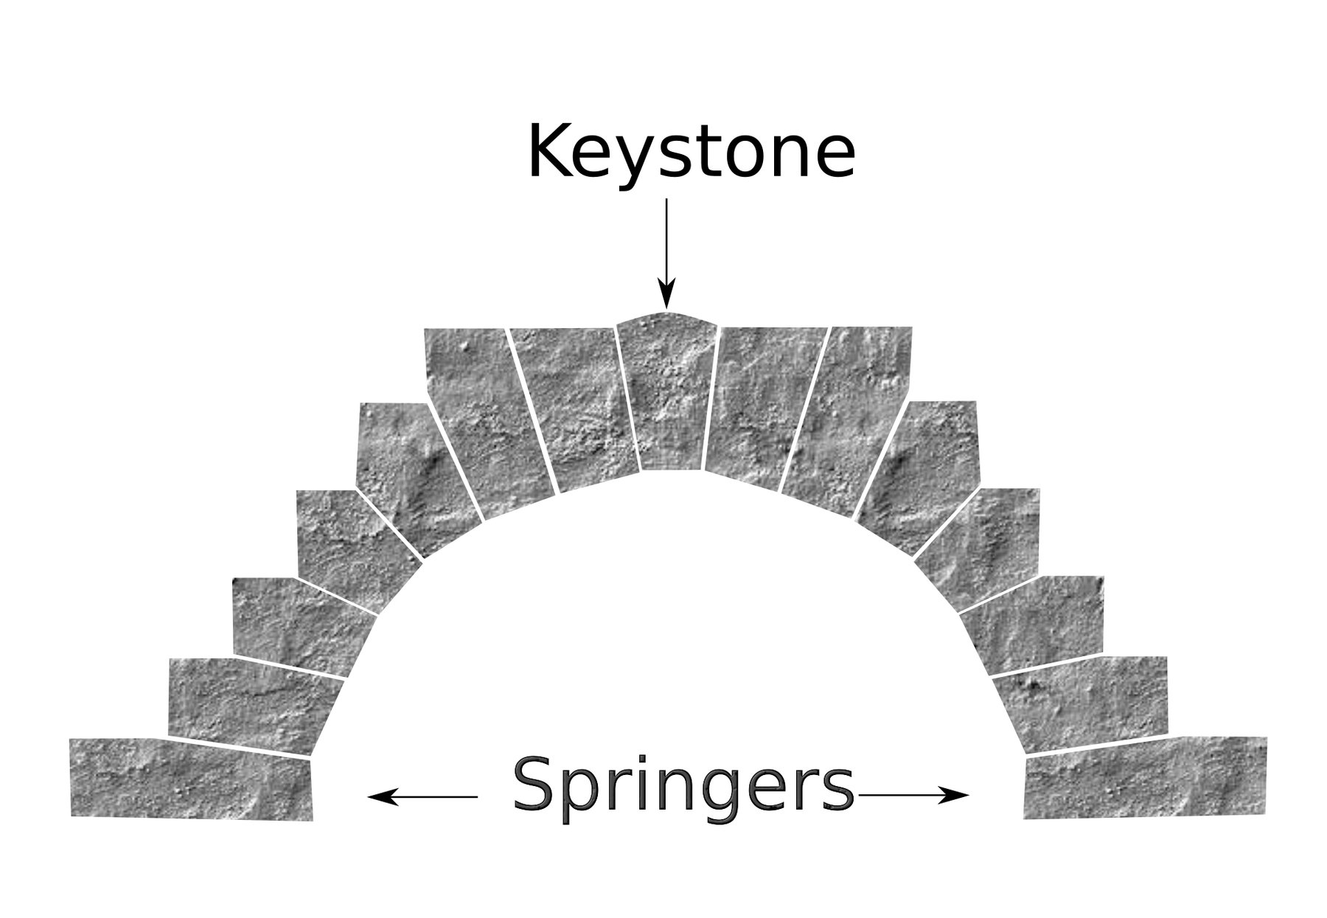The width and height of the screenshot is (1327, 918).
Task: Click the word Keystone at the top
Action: pyautogui.click(x=691, y=153)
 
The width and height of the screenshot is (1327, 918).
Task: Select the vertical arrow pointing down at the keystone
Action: pyautogui.click(x=666, y=253)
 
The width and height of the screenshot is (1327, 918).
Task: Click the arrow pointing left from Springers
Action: pyautogui.click(x=422, y=796)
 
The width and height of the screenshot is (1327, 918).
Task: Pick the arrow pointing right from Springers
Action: pyautogui.click(x=913, y=795)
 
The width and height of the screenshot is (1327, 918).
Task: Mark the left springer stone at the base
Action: pyautogui.click(x=192, y=779)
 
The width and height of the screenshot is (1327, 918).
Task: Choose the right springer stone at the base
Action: pyautogui.click(x=1145, y=777)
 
